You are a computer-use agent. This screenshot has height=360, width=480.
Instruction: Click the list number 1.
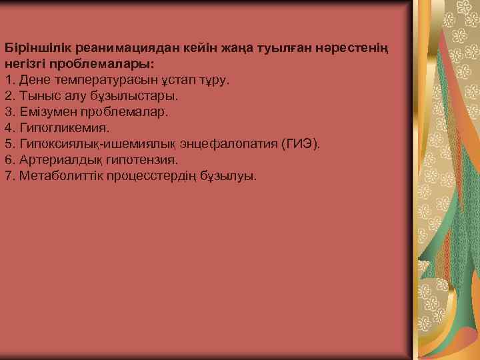tap(9, 81)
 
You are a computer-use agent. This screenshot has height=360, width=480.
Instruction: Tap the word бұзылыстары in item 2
tap(138, 97)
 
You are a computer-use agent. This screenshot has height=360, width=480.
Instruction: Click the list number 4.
tap(9, 129)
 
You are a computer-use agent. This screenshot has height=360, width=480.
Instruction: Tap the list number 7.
tap(9, 177)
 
